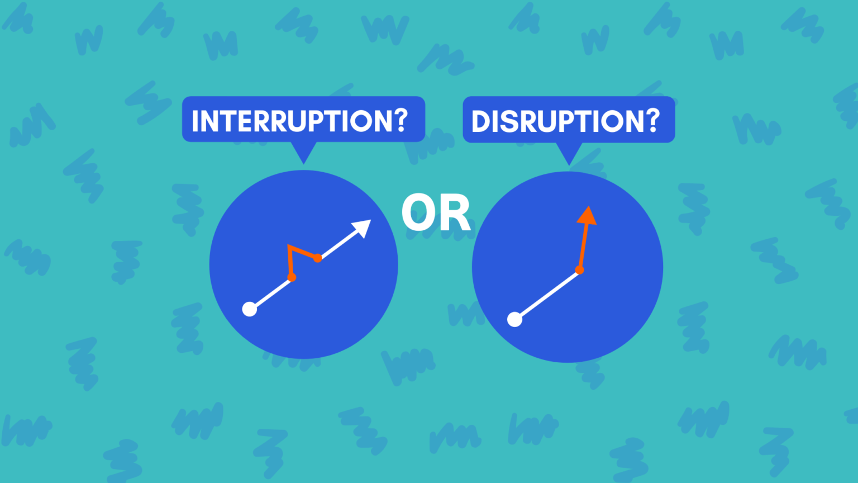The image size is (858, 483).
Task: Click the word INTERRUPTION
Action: click(x=294, y=121)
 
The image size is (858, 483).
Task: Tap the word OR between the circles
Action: click(x=436, y=212)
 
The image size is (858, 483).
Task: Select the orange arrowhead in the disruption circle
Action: click(x=587, y=216)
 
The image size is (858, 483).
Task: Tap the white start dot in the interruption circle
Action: click(x=249, y=309)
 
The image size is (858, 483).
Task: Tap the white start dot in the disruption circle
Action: click(x=514, y=319)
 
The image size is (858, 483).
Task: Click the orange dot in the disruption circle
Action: click(x=579, y=270)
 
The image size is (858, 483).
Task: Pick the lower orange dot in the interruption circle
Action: click(x=292, y=277)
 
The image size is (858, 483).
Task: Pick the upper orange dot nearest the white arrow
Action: click(x=317, y=258)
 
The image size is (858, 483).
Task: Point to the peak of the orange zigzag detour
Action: click(x=288, y=245)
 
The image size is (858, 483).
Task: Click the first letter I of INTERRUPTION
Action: click(x=195, y=121)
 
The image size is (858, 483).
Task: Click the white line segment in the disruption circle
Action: click(x=547, y=295)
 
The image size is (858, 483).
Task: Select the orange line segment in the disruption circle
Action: click(x=583, y=247)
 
